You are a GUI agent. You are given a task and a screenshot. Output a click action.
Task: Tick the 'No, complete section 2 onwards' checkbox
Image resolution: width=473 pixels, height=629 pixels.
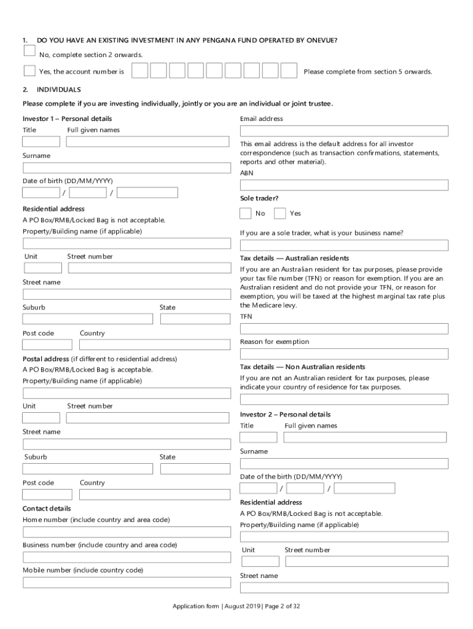(x=29, y=50)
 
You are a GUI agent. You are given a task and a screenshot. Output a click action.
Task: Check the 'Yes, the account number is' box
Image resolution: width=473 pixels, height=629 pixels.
(x=29, y=71)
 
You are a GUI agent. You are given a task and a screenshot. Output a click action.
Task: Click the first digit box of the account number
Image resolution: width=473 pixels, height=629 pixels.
(x=139, y=71)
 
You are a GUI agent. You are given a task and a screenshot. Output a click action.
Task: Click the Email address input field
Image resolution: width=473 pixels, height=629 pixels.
(x=344, y=131)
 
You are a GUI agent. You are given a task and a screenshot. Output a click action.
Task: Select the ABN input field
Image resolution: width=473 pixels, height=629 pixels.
(x=344, y=185)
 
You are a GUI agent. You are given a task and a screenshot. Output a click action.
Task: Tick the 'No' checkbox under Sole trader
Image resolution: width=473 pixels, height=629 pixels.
(x=246, y=213)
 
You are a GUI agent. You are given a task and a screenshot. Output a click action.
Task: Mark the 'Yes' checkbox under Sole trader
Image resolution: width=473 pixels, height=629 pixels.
(x=280, y=213)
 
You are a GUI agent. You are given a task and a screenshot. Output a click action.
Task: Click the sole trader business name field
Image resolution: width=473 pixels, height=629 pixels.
(x=344, y=245)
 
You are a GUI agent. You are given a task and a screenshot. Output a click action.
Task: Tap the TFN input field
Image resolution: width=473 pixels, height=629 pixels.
(x=344, y=329)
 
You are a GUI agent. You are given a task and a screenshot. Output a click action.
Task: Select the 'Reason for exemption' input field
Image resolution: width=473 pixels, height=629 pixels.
(x=344, y=354)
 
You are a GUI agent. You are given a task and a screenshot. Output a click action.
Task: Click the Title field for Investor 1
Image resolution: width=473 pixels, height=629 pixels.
(x=41, y=141)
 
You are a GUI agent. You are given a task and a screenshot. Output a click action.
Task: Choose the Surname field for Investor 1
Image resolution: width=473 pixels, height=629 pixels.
(x=127, y=168)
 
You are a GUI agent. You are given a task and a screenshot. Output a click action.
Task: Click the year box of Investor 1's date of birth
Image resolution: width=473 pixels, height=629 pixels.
(x=147, y=193)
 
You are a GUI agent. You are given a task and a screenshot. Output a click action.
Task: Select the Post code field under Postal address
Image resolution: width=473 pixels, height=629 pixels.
(x=47, y=494)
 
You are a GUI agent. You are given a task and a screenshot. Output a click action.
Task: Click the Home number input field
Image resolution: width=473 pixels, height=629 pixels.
(x=127, y=532)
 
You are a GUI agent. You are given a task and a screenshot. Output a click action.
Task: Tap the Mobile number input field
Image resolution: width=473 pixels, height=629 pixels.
(x=127, y=582)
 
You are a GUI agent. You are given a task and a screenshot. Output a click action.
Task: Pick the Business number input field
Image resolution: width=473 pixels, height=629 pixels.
(x=127, y=557)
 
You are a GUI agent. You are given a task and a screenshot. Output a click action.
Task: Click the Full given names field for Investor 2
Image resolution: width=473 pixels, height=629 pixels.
(x=365, y=437)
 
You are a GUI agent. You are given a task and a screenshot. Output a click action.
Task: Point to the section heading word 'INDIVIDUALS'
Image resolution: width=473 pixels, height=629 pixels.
(x=59, y=90)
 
